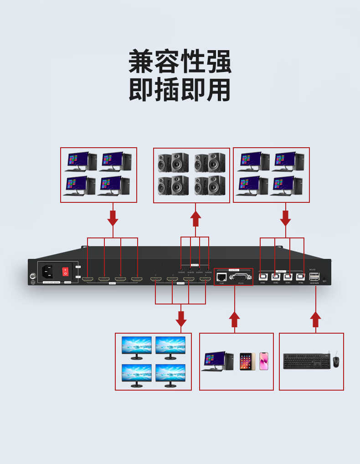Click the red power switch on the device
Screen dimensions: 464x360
[x=65, y=272]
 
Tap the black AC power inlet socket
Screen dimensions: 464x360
[x=47, y=272]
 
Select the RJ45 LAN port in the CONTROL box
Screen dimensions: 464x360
[x=222, y=276]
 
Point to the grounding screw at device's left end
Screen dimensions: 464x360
[x=33, y=276]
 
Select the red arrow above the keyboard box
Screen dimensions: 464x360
[x=315, y=319]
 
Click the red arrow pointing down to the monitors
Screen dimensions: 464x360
[x=181, y=319]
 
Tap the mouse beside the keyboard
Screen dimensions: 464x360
[x=336, y=361]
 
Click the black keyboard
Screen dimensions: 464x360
[x=306, y=361]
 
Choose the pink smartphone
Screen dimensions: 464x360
[x=264, y=361]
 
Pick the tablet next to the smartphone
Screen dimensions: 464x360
[x=246, y=361]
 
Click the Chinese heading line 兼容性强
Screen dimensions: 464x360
[x=180, y=62]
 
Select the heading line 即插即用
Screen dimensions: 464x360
[x=180, y=90]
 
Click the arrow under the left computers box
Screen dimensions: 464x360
[x=113, y=218]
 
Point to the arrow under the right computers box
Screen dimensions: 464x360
[x=285, y=218]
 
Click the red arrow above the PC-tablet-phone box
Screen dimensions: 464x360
[x=234, y=319]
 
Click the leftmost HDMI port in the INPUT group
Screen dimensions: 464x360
[x=88, y=279]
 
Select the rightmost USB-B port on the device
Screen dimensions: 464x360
[x=300, y=277]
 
